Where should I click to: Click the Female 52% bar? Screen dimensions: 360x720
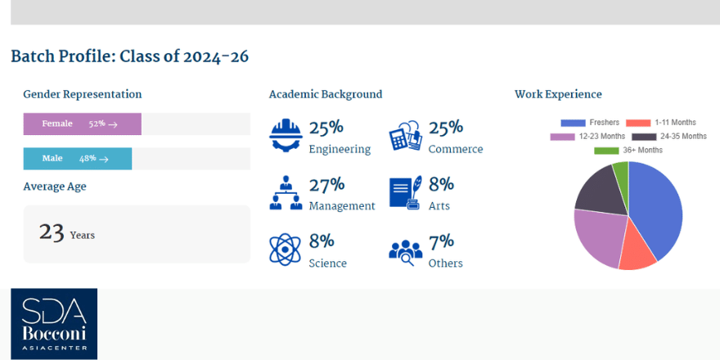[82, 124]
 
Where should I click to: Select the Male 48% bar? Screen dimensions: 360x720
[77, 159]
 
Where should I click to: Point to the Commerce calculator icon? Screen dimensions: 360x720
[405, 135]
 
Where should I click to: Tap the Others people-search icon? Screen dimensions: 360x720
[405, 250]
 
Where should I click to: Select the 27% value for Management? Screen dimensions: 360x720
[326, 185]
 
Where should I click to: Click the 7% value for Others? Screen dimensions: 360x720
[441, 242]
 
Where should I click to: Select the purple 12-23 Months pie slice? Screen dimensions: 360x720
[596, 237]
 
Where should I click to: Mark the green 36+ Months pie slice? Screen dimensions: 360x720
[621, 170]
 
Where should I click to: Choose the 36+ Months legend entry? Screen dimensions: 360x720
[628, 151]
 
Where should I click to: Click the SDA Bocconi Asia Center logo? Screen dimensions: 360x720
[54, 324]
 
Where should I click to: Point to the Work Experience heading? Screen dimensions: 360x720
[558, 94]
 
